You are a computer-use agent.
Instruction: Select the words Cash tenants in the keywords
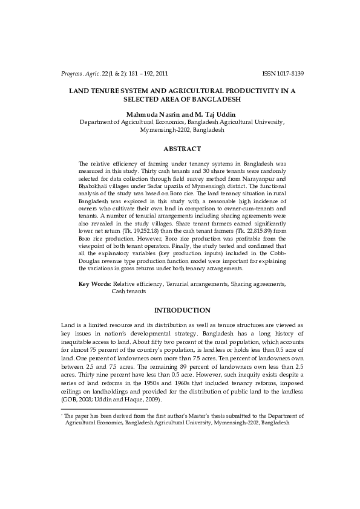128,291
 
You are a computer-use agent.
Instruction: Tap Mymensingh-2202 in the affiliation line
162,129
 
